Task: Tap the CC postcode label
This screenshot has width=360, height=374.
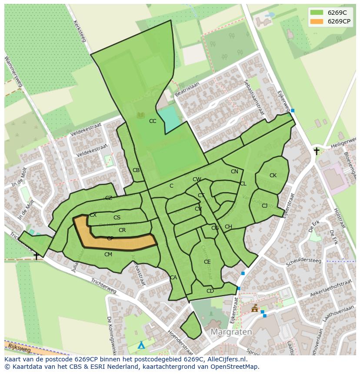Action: pyautogui.click(x=153, y=121)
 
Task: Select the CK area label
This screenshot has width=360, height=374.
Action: pyautogui.click(x=273, y=175)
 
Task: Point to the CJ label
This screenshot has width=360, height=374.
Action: pyautogui.click(x=264, y=206)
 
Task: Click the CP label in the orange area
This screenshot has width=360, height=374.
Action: pyautogui.click(x=110, y=238)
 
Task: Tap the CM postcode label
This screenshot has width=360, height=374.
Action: pyautogui.click(x=108, y=255)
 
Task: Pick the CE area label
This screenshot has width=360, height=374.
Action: pyautogui.click(x=207, y=262)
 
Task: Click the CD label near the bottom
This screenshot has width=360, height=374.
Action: pyautogui.click(x=210, y=291)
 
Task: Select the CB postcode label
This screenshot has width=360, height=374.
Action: pyautogui.click(x=136, y=170)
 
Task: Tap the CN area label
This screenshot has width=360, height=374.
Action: pyautogui.click(x=234, y=172)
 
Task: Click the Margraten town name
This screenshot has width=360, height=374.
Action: pyautogui.click(x=231, y=332)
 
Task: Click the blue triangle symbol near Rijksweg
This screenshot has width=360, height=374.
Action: pyautogui.click(x=141, y=346)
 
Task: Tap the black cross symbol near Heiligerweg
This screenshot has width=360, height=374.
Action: pyautogui.click(x=317, y=151)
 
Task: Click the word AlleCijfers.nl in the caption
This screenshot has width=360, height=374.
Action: pyautogui.click(x=227, y=360)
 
